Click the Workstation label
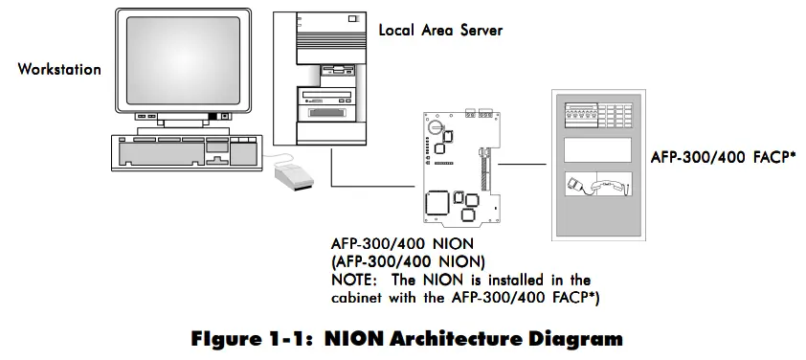pos(58,70)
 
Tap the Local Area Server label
pos(440,31)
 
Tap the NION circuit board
pos(459,163)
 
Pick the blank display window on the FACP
pos(597,149)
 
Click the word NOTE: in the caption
pos(356,279)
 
